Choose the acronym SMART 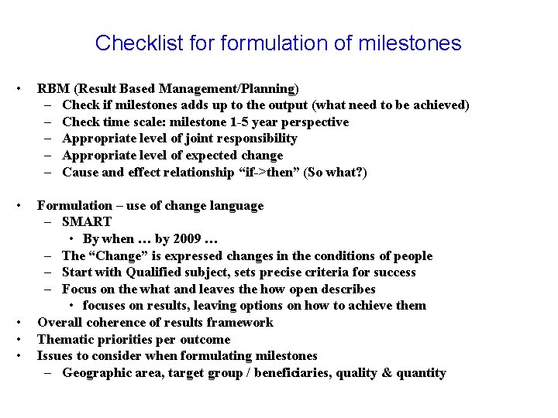[87, 222]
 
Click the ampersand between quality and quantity [385, 373]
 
